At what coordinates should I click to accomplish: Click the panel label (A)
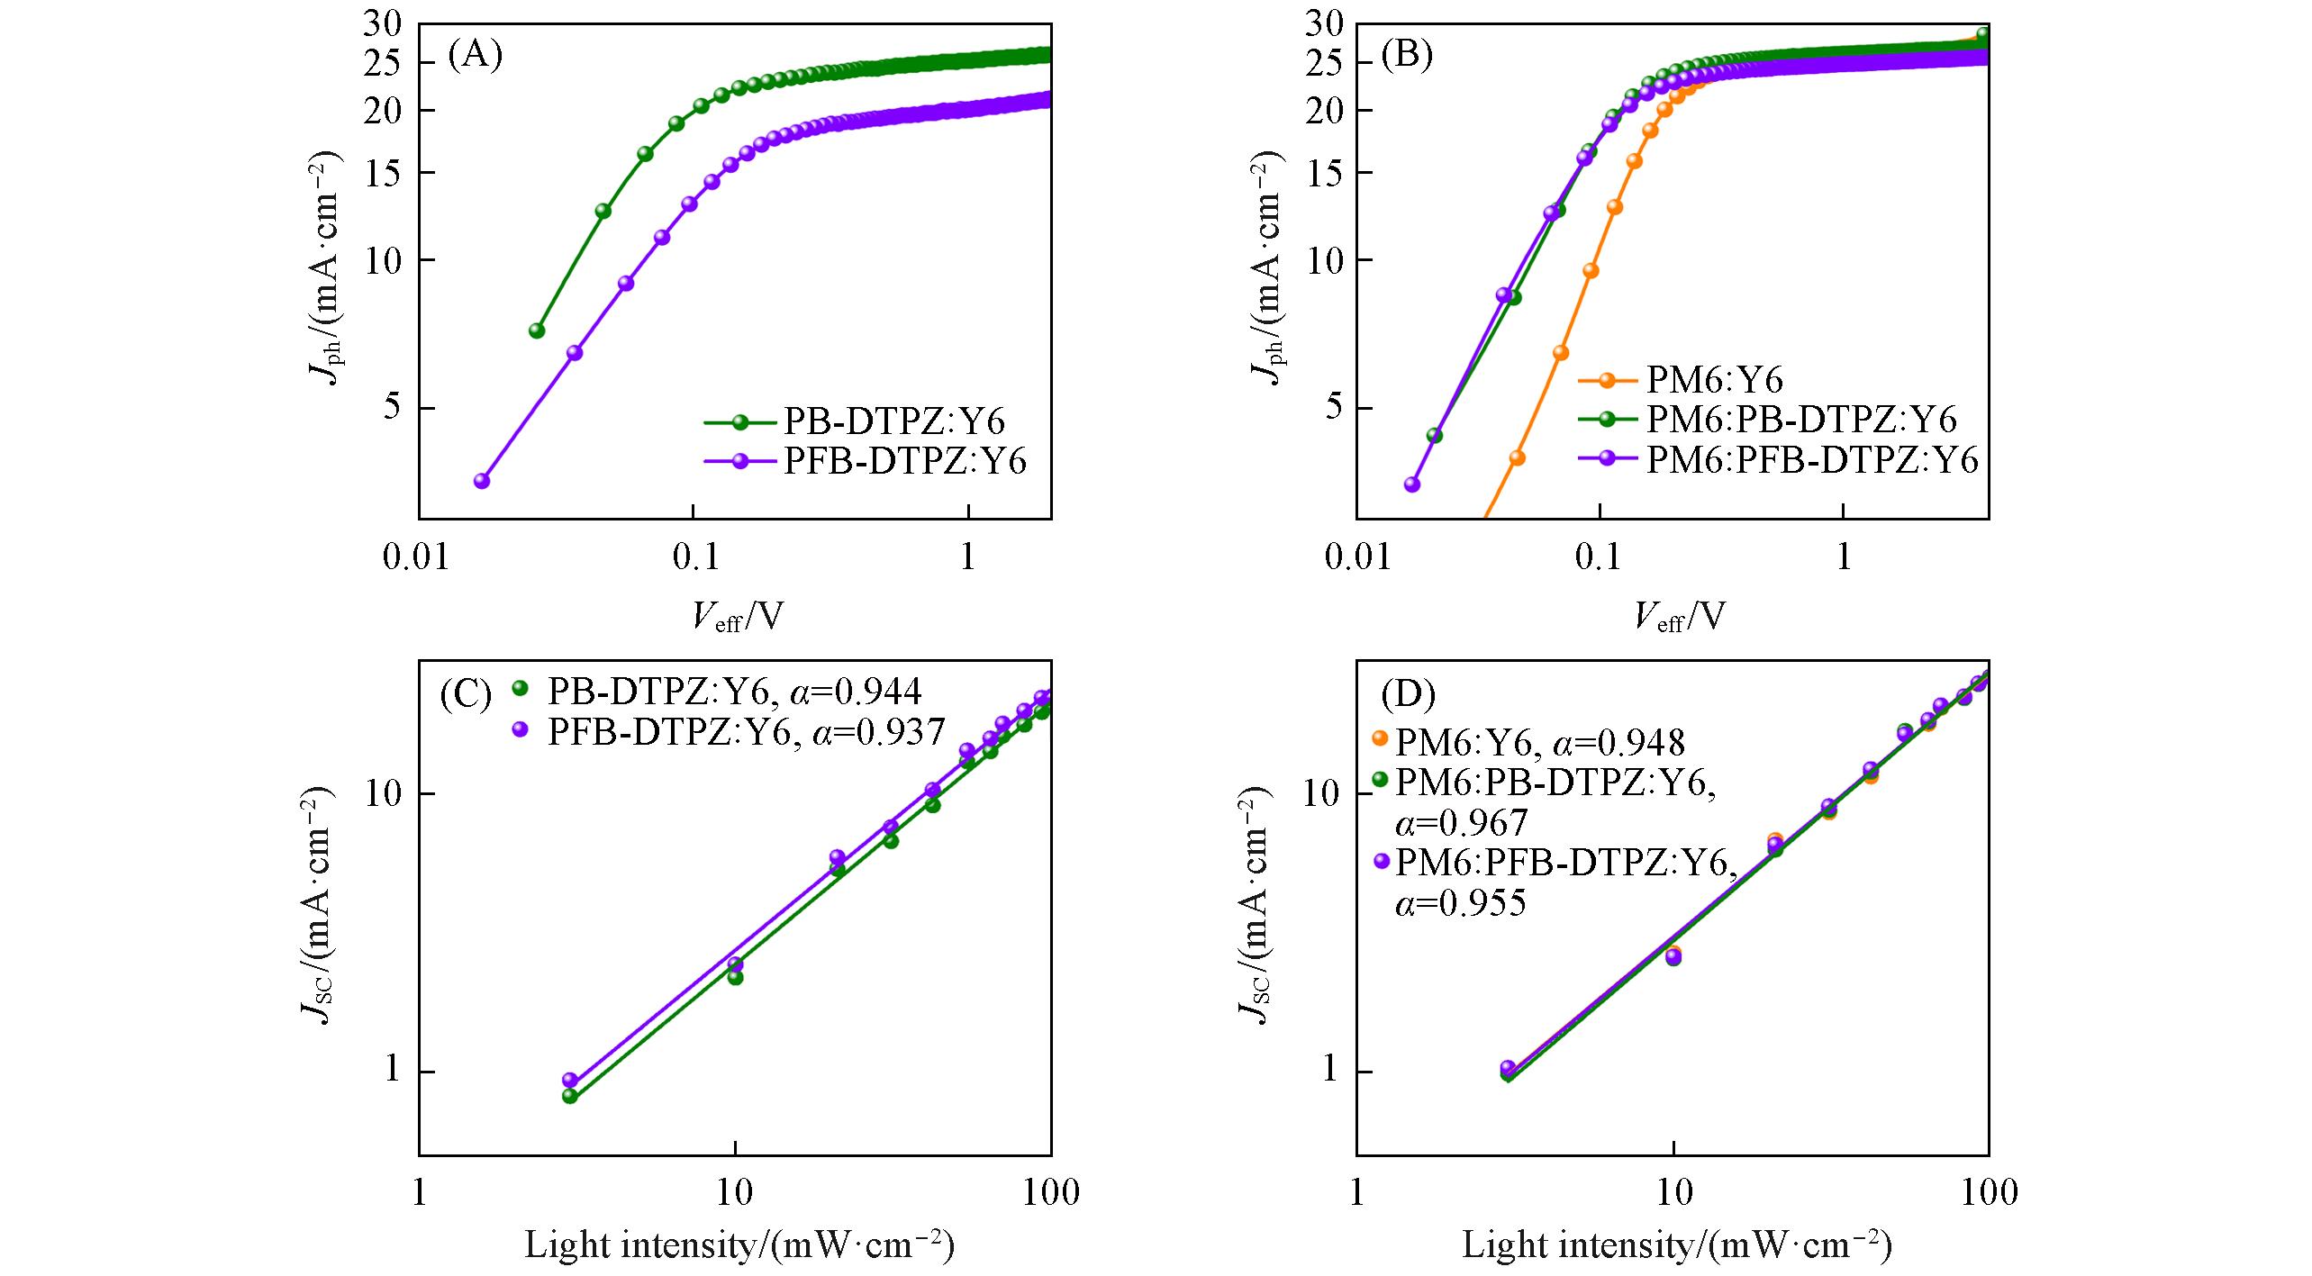(x=475, y=56)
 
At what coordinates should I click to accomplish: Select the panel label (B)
(x=1407, y=56)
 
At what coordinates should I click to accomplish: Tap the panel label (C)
(x=466, y=694)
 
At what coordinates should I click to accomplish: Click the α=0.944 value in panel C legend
(x=856, y=692)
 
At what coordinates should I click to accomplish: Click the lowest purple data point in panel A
(x=482, y=481)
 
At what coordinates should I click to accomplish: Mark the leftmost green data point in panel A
(x=537, y=330)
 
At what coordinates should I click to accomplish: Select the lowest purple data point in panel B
(x=1412, y=484)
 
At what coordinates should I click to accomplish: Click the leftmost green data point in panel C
(x=569, y=1096)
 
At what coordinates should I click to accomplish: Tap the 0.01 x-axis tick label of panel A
(x=418, y=558)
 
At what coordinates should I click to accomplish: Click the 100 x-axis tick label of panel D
(x=1989, y=1194)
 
